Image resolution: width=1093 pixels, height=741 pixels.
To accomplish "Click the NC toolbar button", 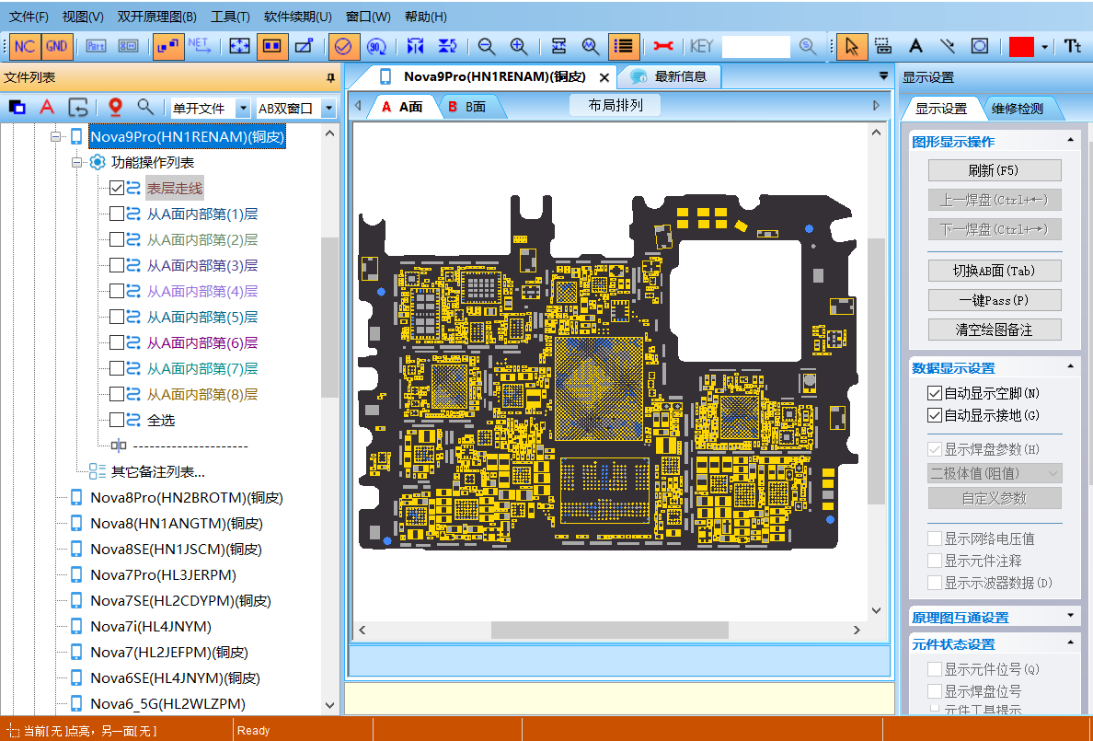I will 25,46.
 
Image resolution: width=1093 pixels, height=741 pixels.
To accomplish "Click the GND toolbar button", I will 56,46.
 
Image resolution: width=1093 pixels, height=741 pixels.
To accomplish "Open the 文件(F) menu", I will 29,17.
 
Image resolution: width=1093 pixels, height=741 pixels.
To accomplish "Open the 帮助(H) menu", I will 425,17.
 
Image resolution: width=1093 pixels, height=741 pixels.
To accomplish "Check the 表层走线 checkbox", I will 117,188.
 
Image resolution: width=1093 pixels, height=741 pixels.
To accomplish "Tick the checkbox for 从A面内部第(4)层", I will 117,291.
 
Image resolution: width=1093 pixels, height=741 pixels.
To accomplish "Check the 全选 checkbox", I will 117,420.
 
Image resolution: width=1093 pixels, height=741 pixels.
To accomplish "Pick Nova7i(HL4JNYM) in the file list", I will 151,627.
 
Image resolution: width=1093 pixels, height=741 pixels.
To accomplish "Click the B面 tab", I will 474,107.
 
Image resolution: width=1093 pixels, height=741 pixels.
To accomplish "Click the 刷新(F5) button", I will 994,170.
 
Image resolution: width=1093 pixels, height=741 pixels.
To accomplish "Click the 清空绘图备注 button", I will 994,330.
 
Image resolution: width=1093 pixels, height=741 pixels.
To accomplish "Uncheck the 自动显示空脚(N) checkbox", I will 935,393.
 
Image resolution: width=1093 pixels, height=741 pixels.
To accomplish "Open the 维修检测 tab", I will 1017,109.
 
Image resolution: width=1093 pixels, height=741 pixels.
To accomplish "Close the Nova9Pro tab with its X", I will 604,76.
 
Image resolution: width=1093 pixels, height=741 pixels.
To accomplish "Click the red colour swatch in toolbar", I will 1021,47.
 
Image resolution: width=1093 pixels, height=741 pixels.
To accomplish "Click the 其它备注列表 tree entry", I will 157,472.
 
